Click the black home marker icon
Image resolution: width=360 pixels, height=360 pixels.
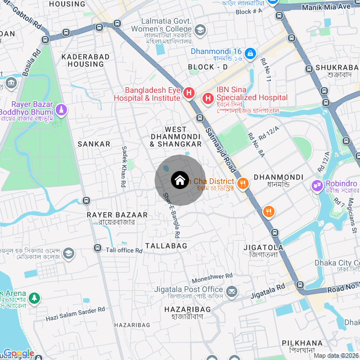tap(179, 181)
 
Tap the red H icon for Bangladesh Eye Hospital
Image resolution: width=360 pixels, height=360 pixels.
tap(189, 93)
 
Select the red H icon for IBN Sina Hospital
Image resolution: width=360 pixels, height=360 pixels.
tap(208, 100)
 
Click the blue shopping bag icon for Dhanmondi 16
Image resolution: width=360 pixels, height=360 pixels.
tap(251, 54)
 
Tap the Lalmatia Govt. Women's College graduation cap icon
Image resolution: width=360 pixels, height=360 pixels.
tap(200, 29)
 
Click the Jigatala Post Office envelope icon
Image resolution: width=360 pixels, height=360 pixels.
tap(232, 291)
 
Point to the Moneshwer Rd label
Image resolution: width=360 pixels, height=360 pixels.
tap(212, 276)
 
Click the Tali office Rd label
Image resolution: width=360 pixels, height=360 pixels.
tap(124, 250)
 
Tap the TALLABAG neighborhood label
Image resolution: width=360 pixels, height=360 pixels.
tap(166, 246)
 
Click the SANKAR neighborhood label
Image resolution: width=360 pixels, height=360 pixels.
tap(94, 144)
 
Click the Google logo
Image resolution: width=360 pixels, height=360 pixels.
tap(19, 354)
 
